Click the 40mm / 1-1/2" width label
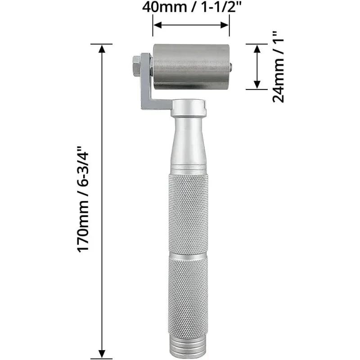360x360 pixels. coord(191,8)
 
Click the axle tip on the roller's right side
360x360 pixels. coord(231,67)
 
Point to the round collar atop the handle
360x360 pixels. coord(189,107)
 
